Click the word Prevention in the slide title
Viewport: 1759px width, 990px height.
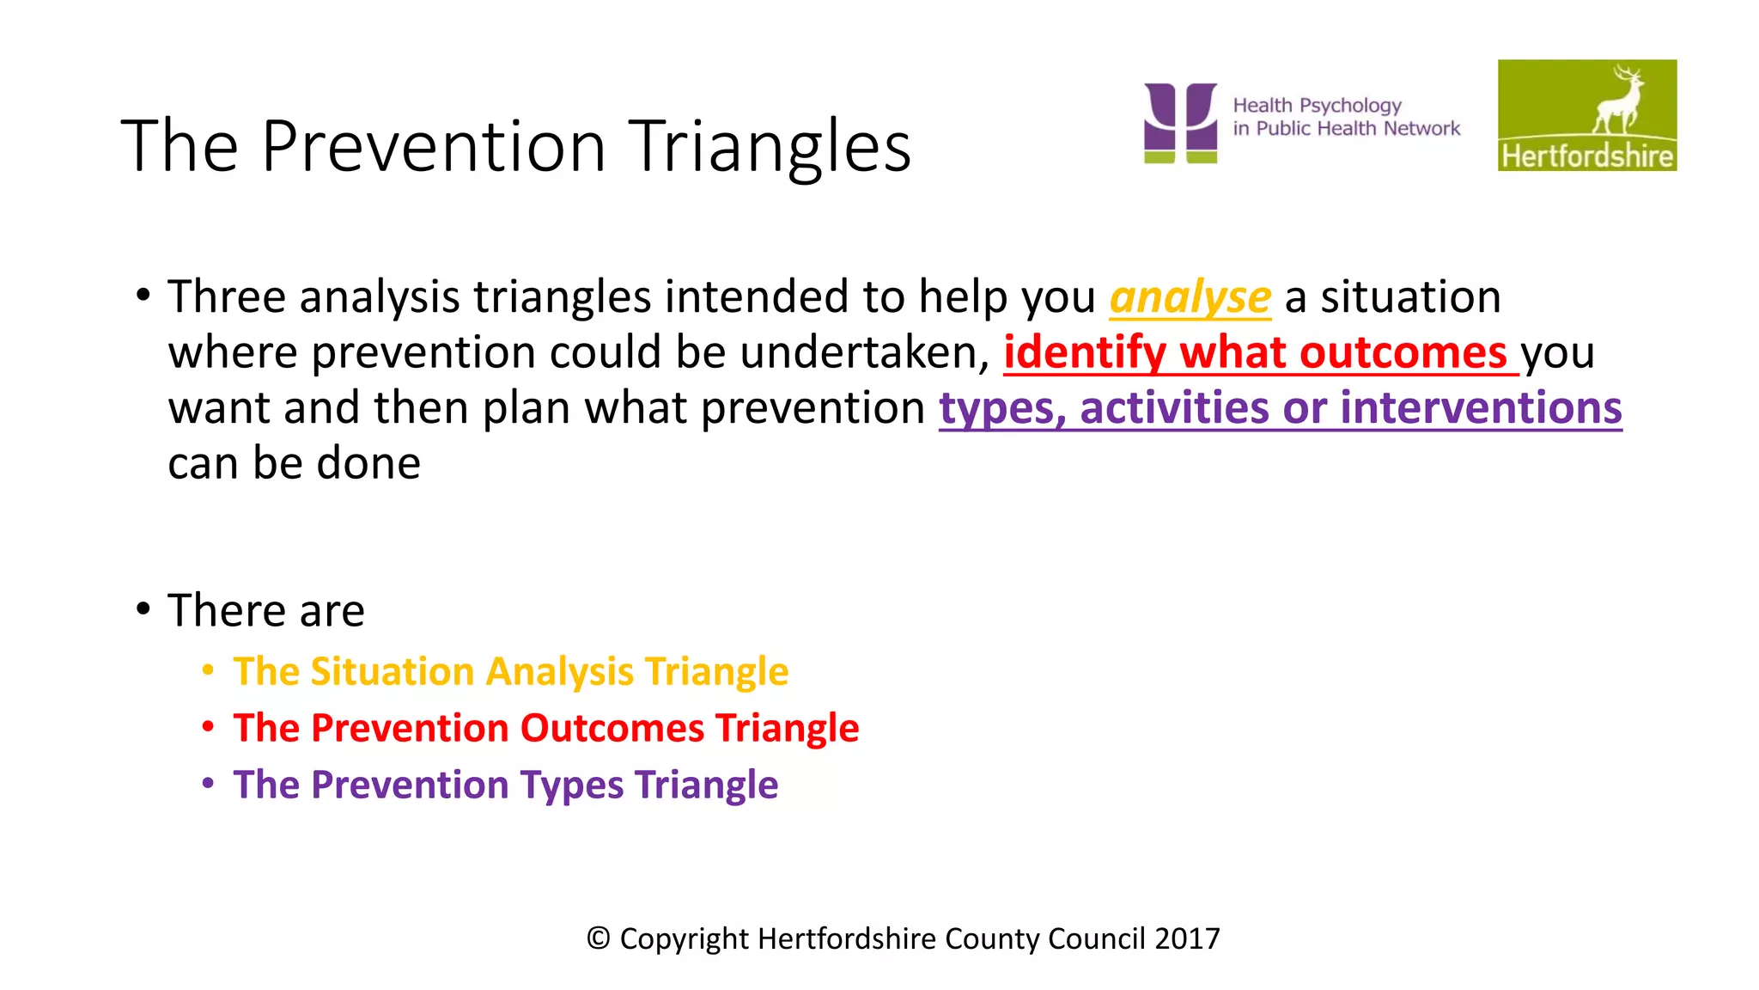[x=433, y=146]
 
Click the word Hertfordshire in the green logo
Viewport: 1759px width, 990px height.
[x=1587, y=156]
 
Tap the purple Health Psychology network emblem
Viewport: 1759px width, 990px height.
[x=1180, y=122]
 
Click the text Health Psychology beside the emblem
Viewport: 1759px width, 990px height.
[x=1317, y=106]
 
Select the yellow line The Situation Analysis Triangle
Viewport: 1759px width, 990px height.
[x=510, y=671]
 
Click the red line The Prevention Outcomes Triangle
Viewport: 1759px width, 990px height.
[x=545, y=728]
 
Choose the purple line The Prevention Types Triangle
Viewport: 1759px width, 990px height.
[x=505, y=785]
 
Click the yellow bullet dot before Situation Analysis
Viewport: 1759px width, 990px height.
[x=208, y=669]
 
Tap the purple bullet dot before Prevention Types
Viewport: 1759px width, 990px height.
[x=208, y=783]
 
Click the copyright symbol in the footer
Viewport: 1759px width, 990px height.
[x=599, y=938]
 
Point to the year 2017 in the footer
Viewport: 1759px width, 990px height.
[x=1187, y=938]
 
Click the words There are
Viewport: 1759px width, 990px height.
[x=266, y=611]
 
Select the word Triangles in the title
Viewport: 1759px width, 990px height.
[x=770, y=146]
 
